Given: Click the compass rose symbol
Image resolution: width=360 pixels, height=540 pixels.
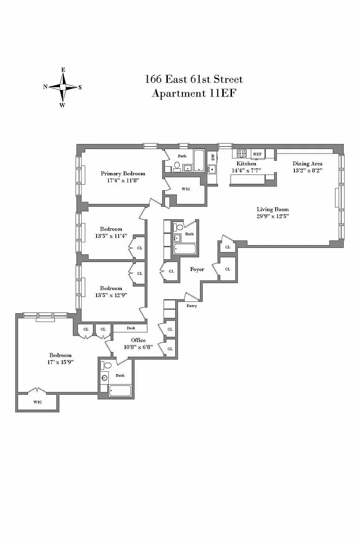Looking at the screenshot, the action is [63, 87].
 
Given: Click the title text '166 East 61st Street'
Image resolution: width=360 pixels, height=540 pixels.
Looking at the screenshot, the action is [194, 79].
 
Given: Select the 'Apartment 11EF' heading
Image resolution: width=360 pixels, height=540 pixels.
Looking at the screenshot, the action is [194, 93].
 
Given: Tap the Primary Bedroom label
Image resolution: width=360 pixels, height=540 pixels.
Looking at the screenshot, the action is [123, 173].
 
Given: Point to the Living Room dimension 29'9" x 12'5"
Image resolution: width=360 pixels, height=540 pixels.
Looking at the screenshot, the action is [272, 216].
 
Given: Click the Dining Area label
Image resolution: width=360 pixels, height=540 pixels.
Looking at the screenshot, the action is [307, 164].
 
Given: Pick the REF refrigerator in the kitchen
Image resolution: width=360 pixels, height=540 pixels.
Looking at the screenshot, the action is [257, 154].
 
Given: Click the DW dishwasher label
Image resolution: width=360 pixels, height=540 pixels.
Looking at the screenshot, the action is [213, 157].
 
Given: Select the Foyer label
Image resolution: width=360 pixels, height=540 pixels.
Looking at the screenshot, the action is [197, 270].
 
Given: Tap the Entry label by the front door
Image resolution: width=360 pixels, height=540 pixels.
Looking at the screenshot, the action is [192, 306].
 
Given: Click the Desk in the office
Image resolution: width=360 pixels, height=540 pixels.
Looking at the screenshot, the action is [131, 328].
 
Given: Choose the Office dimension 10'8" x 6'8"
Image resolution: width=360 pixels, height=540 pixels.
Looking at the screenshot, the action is [138, 347].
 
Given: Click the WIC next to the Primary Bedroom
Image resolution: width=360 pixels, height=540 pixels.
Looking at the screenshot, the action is [186, 189].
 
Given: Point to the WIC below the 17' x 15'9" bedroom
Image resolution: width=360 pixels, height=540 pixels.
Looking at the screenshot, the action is [37, 402].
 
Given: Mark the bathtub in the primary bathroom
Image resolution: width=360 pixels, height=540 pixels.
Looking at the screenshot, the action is [199, 160].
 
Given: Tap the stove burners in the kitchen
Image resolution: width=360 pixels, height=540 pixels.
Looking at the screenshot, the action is [241, 154].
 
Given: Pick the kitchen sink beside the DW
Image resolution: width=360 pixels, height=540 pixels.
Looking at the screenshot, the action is [212, 169].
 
